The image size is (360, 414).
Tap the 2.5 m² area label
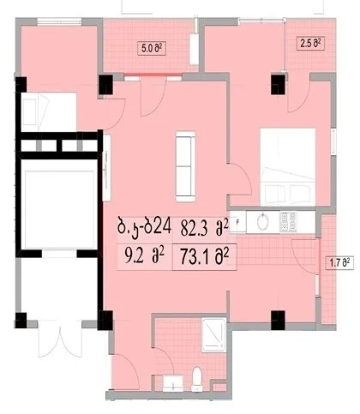[x=310, y=44]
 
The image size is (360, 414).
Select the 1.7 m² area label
[x=340, y=262]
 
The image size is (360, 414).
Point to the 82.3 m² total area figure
[x=205, y=228]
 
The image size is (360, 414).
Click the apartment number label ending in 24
[x=144, y=226]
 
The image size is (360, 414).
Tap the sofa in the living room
[x=185, y=166]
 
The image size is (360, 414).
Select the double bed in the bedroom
[x=288, y=167]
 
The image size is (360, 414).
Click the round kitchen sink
[x=262, y=222]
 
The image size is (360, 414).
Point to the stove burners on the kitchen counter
[x=288, y=222]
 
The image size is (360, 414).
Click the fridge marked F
[x=237, y=222]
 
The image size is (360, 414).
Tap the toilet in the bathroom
[x=197, y=379]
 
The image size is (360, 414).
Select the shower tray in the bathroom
[x=214, y=334]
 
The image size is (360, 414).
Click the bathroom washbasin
[x=173, y=383]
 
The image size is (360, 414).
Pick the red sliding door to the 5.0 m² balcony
[x=153, y=75]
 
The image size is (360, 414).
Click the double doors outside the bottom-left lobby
[x=60, y=339]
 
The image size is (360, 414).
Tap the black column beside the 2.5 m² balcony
[x=278, y=85]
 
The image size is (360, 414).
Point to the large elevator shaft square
[x=59, y=210]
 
